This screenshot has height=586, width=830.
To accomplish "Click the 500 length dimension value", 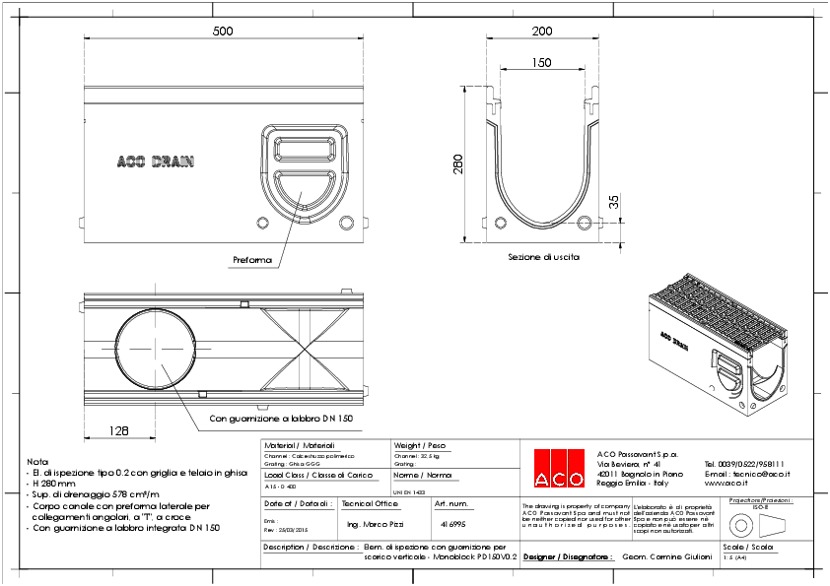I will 223,32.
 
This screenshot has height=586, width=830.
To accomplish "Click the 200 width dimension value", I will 541,32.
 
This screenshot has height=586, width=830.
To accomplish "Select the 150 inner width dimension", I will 541,62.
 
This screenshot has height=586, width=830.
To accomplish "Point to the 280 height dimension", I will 456,163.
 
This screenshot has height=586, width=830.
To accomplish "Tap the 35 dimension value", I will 612,202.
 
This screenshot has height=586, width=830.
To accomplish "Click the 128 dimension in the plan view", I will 119,430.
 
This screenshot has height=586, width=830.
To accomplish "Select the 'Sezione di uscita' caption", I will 543,256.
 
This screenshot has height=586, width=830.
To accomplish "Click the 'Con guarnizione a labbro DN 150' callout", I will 281,419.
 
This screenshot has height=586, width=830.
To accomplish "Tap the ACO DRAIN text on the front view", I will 155,162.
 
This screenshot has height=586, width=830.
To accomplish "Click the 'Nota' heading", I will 37,461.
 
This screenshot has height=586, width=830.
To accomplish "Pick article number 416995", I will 452,525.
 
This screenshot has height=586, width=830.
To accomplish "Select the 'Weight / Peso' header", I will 419,445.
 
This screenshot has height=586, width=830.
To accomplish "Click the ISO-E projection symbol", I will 759,522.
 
